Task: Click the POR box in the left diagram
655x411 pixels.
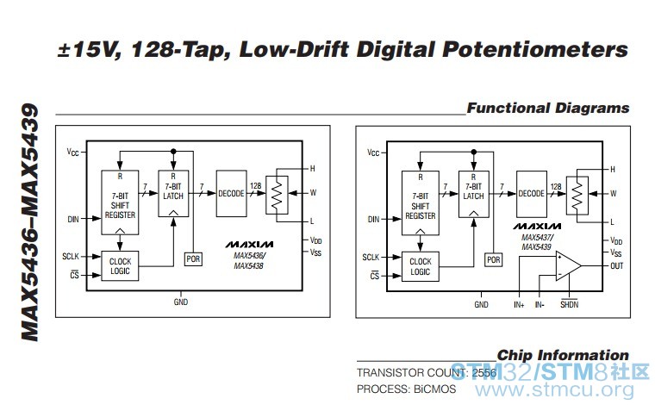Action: click(193, 259)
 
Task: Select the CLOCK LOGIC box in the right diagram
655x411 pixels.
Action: click(421, 266)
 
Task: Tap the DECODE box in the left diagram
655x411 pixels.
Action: click(231, 194)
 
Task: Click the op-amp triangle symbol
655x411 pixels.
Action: click(566, 265)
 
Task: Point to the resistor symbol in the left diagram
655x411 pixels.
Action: click(276, 196)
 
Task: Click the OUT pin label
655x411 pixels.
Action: click(616, 266)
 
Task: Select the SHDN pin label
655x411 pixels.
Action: click(570, 304)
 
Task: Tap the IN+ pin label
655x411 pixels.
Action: click(519, 304)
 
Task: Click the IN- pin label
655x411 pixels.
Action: click(540, 304)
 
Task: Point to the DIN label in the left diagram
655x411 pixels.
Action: click(72, 220)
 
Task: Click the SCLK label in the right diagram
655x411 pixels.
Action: click(371, 257)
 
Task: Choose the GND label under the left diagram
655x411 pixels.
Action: click(180, 302)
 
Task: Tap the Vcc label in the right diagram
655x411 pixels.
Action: click(373, 153)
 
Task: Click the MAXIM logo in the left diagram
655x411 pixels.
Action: click(250, 244)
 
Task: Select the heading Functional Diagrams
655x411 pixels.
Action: click(547, 109)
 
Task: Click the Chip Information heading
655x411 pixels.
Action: click(563, 355)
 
